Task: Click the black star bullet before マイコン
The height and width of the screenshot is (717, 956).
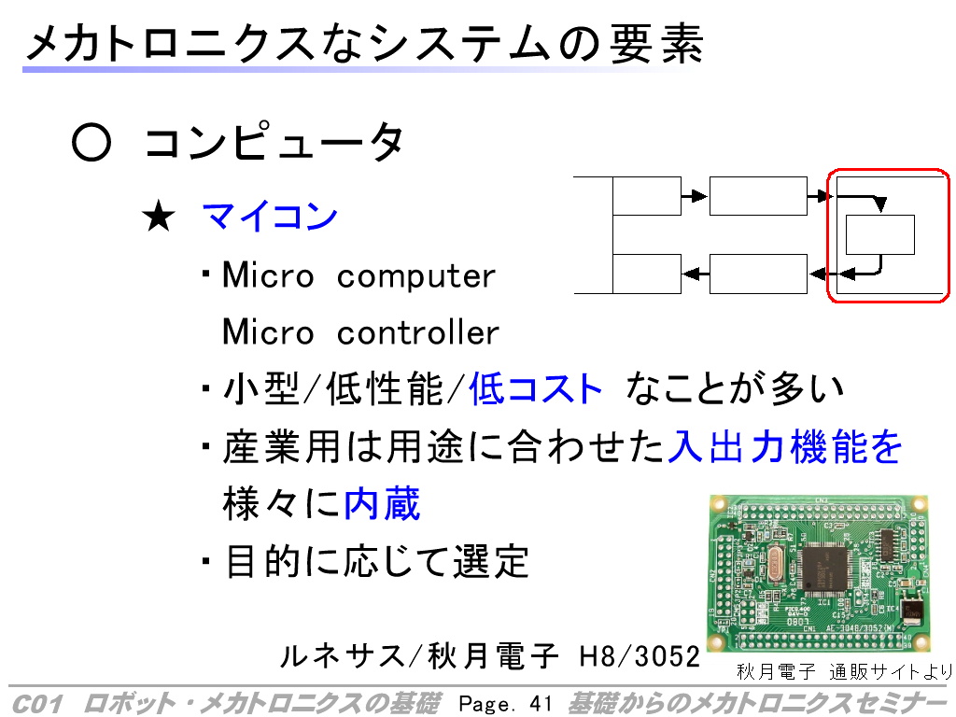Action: click(x=159, y=217)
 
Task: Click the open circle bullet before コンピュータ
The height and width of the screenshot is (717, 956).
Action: click(x=91, y=143)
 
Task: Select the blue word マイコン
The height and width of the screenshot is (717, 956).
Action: click(x=270, y=216)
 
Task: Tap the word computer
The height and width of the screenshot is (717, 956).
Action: click(x=416, y=276)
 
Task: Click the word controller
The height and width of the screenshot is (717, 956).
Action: click(x=417, y=332)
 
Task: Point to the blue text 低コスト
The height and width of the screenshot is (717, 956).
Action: click(x=535, y=389)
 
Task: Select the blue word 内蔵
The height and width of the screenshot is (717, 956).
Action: click(x=382, y=503)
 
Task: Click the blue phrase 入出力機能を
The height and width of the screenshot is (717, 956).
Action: click(x=784, y=447)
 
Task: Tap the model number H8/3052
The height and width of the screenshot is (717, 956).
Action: click(x=640, y=656)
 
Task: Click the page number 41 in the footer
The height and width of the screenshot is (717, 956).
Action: click(x=541, y=704)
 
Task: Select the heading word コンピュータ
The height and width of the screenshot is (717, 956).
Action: click(x=274, y=142)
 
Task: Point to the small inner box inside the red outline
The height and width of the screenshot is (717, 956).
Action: click(x=879, y=234)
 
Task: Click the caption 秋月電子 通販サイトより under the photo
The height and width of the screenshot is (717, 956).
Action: click(x=844, y=672)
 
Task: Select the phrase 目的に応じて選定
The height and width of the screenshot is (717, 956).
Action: click(x=377, y=561)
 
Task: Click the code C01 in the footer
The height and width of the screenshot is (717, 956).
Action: click(x=37, y=704)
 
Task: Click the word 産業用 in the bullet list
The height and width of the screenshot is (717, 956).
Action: click(x=282, y=447)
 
